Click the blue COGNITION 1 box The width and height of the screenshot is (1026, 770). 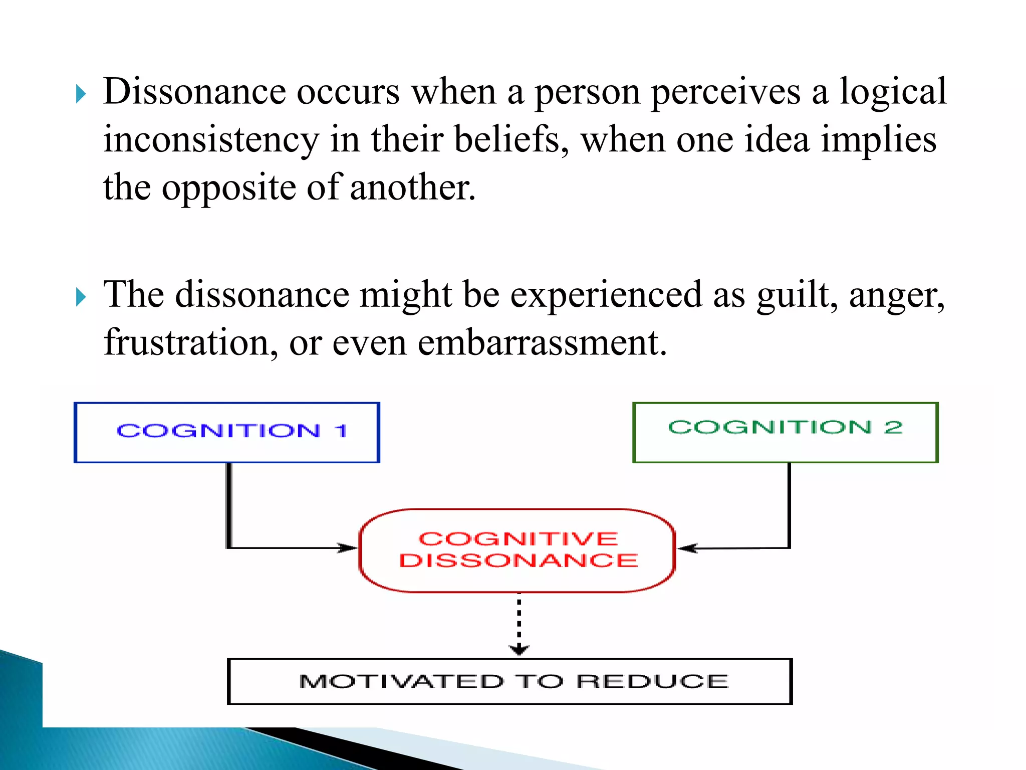point(226,432)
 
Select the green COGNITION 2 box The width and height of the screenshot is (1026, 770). point(785,432)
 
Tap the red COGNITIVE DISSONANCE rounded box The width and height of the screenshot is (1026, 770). point(517,550)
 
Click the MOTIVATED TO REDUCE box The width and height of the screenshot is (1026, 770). point(509,681)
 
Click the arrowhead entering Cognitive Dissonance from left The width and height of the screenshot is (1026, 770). point(347,548)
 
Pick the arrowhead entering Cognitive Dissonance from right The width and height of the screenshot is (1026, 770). point(688,548)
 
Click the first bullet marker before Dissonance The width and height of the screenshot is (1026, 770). point(81,94)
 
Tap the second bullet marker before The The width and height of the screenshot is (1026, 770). point(81,297)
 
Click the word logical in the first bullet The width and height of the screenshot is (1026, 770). point(893,92)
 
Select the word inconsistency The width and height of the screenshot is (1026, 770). point(210,140)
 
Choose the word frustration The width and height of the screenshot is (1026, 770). point(190,342)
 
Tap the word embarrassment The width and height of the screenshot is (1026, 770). point(542,342)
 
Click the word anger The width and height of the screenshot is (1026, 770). point(897,296)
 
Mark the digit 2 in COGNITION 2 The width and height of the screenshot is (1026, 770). point(893,427)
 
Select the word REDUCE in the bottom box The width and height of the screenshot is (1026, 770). point(652,681)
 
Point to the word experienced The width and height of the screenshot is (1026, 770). point(606,295)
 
